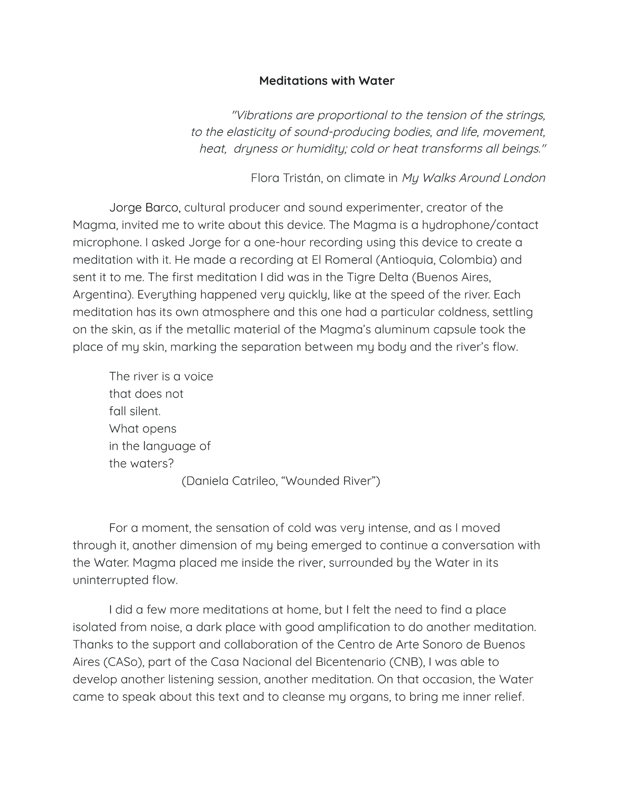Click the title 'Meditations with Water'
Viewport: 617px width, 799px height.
point(327,81)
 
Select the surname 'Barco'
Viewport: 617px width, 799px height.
point(161,208)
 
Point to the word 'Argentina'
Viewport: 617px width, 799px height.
point(103,295)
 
